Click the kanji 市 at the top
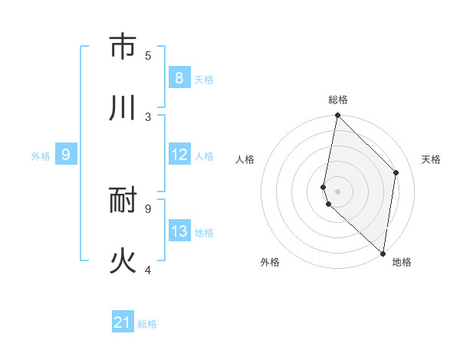123,47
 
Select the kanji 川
123,108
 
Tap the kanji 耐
123,201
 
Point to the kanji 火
123,261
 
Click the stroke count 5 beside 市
148,55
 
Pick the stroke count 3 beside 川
148,116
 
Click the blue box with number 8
179,78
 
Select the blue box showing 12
179,155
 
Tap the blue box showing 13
179,231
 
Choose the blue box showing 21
123,322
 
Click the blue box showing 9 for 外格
66,155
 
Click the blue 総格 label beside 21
147,324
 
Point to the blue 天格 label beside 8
204,79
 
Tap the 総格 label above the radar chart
338,100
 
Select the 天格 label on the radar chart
431,159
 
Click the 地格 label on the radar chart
402,263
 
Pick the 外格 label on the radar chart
270,263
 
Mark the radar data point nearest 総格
337,115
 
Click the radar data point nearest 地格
383,253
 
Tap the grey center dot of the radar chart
337,191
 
